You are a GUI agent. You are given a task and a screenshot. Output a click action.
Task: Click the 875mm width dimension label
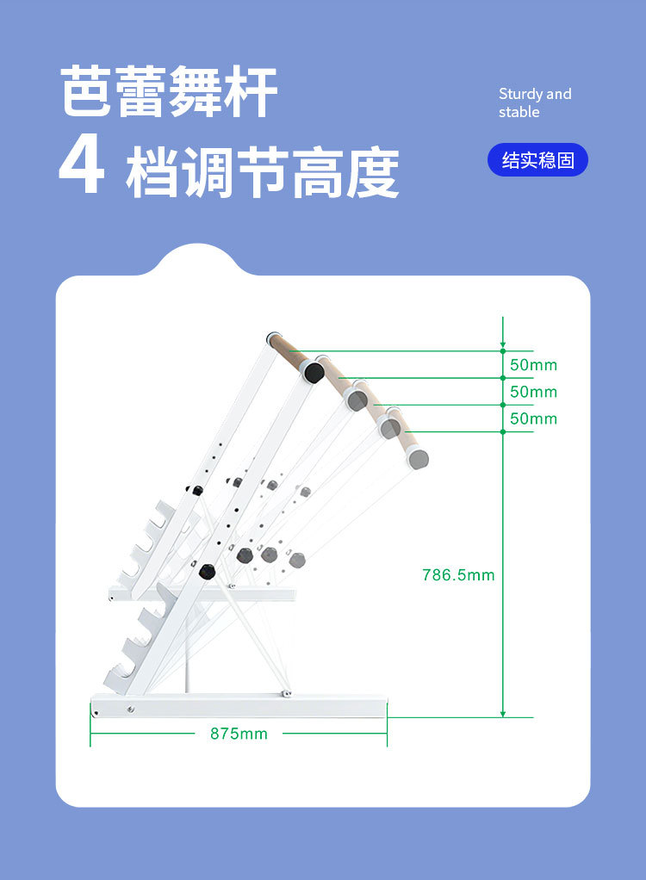239,734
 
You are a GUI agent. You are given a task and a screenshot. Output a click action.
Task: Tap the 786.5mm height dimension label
458,574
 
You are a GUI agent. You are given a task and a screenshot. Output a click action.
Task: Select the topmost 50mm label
533,365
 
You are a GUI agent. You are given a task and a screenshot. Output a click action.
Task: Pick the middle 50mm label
533,392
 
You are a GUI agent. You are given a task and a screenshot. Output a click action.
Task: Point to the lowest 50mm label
533,418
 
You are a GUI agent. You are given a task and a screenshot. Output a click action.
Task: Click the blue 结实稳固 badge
537,160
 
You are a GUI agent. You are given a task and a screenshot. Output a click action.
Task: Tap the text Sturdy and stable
535,102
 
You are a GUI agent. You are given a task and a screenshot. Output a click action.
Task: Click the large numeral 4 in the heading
82,164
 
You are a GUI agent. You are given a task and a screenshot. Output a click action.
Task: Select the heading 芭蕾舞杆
168,91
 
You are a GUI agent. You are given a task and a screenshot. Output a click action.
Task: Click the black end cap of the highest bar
314,372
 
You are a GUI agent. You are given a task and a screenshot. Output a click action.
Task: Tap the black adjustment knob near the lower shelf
207,572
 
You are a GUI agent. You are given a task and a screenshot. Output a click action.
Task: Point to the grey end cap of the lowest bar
418,459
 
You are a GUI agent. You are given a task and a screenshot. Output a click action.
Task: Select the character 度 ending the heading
372,172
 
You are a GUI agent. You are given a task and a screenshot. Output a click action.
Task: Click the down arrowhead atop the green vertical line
503,344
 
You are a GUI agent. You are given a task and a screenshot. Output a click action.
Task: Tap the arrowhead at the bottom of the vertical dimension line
503,713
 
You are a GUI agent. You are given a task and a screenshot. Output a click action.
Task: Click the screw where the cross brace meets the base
287,694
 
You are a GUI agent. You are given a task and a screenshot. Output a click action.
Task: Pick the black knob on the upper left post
196,491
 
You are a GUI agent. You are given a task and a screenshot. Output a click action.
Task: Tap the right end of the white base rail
387,706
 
